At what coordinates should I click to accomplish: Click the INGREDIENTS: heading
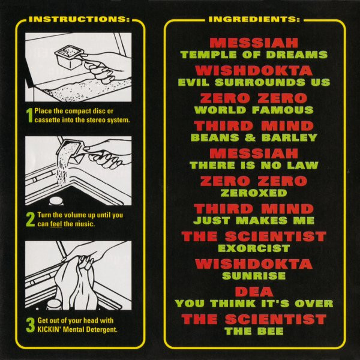tap(254, 19)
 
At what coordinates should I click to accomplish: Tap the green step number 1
tap(29, 115)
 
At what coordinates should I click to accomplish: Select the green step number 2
tap(31, 219)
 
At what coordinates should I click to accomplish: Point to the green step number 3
tap(31, 325)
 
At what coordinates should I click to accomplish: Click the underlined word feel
tap(56, 224)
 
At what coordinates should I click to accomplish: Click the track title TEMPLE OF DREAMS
tap(254, 55)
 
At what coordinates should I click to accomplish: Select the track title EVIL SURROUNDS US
tap(254, 82)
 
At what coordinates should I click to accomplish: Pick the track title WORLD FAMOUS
tap(254, 110)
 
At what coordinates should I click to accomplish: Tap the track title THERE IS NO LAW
tap(254, 166)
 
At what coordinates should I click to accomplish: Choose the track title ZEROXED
tap(254, 193)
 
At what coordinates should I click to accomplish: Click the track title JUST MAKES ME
tap(254, 221)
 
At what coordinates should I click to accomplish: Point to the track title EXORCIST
tap(254, 248)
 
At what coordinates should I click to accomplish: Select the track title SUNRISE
tap(254, 276)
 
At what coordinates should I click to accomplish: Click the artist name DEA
tap(254, 292)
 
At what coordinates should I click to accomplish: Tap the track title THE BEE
tap(254, 331)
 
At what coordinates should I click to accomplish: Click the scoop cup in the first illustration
tap(69, 57)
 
